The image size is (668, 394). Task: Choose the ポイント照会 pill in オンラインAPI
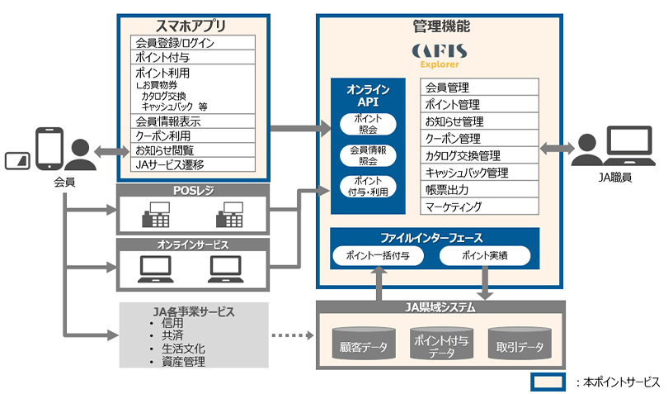pyautogui.click(x=368, y=124)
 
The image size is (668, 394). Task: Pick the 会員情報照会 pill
pyautogui.click(x=368, y=155)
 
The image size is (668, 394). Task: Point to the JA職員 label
pyautogui.click(x=617, y=178)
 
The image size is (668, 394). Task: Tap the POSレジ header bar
pyautogui.click(x=192, y=191)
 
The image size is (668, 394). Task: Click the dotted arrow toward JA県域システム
pyautogui.click(x=293, y=336)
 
